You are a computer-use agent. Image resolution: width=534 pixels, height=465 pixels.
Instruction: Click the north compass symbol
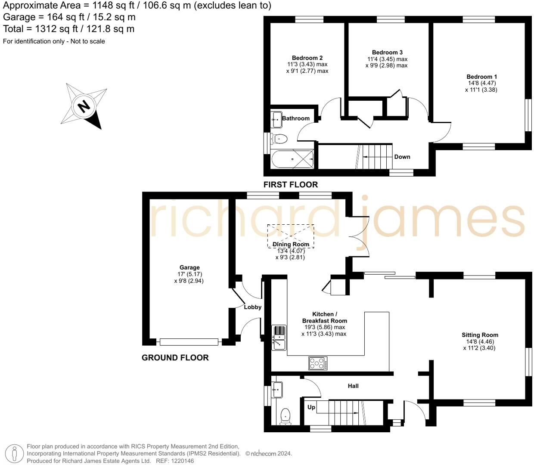point(84,105)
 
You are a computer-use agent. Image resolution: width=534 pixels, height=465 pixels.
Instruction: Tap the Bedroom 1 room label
point(482,77)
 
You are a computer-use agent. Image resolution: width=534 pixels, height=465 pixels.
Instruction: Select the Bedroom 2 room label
point(307,58)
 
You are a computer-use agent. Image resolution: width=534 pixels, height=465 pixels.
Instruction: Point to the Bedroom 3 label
point(387,53)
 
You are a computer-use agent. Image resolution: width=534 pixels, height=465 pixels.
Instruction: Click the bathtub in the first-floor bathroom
point(293,159)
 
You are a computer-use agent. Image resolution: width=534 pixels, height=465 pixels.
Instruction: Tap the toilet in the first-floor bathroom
point(279,139)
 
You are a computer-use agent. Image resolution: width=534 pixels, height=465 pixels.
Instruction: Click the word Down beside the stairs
point(402,157)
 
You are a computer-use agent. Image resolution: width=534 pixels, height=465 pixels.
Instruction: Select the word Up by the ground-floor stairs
point(311,407)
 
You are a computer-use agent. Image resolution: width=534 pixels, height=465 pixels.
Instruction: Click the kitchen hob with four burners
point(318,364)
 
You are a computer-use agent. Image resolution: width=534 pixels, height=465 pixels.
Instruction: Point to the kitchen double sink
point(279,338)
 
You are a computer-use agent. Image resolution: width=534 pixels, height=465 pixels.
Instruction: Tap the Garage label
point(189,267)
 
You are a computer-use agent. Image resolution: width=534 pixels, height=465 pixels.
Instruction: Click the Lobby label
point(253,307)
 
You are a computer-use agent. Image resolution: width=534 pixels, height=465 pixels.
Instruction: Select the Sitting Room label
point(480,335)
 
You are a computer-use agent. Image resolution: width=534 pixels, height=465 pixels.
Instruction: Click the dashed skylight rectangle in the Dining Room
point(291,236)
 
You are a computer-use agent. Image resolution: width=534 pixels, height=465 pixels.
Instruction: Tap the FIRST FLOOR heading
point(291,185)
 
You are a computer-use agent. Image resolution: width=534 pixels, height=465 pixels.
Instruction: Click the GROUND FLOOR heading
point(175,358)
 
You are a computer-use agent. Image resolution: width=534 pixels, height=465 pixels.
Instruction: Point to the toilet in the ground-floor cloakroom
point(285,416)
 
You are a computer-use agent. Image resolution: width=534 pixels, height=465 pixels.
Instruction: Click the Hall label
point(353,386)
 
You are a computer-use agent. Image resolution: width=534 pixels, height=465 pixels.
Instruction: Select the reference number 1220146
point(181,461)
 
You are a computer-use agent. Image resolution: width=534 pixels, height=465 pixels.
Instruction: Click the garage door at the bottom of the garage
point(189,342)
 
